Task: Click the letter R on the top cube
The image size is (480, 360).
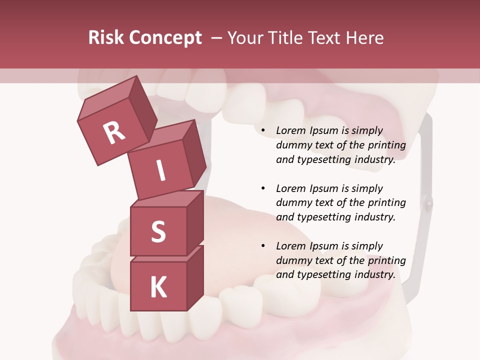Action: [114, 132]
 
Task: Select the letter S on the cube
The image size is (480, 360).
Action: [158, 231]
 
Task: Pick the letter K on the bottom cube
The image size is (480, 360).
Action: [158, 287]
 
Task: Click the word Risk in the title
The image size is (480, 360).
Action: [107, 38]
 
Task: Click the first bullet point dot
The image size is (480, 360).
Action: [262, 131]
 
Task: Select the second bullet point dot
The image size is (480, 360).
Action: [262, 189]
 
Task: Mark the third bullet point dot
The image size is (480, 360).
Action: [262, 246]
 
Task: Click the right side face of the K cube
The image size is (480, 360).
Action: [195, 277]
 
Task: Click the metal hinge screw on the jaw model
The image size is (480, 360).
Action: [428, 202]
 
